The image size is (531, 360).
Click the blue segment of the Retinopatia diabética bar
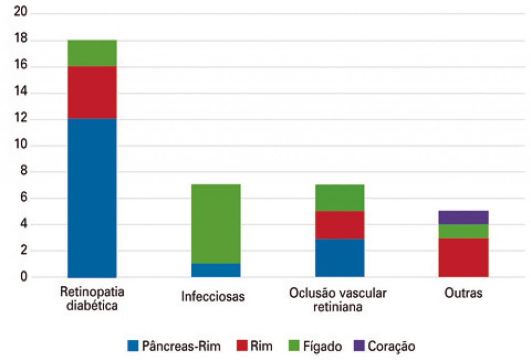[x=92, y=198]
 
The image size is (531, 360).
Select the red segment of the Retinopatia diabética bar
[x=92, y=93]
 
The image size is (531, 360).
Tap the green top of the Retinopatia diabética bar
[x=92, y=53]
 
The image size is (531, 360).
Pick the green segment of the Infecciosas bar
[x=216, y=224]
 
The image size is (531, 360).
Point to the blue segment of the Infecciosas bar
[x=216, y=270]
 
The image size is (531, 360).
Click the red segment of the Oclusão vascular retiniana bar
[x=340, y=225]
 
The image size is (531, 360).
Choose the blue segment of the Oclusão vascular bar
[x=340, y=258]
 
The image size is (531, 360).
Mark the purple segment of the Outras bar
[x=464, y=217]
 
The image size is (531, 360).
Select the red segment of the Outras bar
[x=464, y=257]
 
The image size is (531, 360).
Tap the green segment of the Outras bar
[x=464, y=231]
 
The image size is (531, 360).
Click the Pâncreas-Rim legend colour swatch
[x=133, y=345]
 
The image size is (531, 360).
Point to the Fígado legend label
[x=323, y=345]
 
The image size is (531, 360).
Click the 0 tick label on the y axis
[x=21, y=278]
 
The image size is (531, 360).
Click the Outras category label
[x=464, y=293]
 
